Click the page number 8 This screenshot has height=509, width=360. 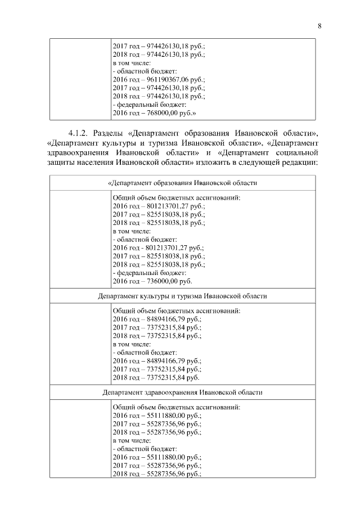tap(319, 26)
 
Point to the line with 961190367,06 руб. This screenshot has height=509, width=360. tap(159, 80)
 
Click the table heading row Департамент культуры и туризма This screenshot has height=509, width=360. tap(182, 295)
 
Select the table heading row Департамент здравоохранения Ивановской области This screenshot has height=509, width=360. tap(182, 391)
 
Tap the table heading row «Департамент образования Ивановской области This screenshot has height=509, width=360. tap(182, 183)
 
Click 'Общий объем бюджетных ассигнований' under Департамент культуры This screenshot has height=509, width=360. tap(177, 310)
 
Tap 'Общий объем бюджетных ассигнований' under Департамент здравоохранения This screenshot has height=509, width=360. tap(177, 407)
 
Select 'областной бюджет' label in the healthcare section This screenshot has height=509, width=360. tap(146, 449)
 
